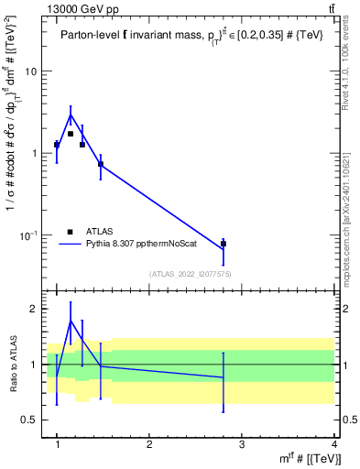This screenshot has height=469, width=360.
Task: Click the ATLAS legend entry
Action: (x=100, y=232)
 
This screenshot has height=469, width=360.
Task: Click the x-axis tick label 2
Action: (x=149, y=444)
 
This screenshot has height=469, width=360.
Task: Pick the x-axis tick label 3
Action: (x=242, y=444)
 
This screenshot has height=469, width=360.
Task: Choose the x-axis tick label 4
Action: (x=333, y=444)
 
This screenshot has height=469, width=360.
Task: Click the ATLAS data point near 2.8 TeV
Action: (x=224, y=244)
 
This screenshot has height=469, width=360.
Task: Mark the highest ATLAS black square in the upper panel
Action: (x=71, y=134)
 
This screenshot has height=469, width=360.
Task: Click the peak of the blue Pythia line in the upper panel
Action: (x=71, y=115)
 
